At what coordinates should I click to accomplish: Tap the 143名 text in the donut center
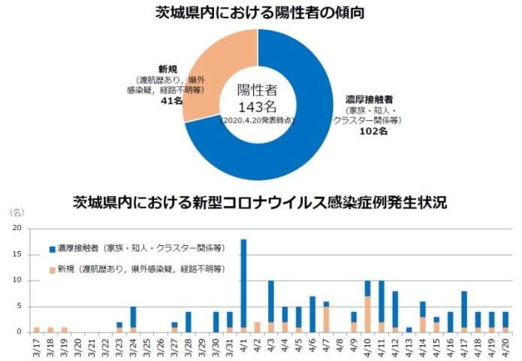point(257,106)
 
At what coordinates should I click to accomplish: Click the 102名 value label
point(373,132)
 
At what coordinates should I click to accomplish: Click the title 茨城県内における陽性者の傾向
point(261,12)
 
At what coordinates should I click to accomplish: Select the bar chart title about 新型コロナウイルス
point(261,202)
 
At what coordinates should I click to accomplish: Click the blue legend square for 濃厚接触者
point(51,247)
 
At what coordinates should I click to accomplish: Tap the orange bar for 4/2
point(257,327)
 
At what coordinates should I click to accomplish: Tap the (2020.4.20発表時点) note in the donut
point(257,120)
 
